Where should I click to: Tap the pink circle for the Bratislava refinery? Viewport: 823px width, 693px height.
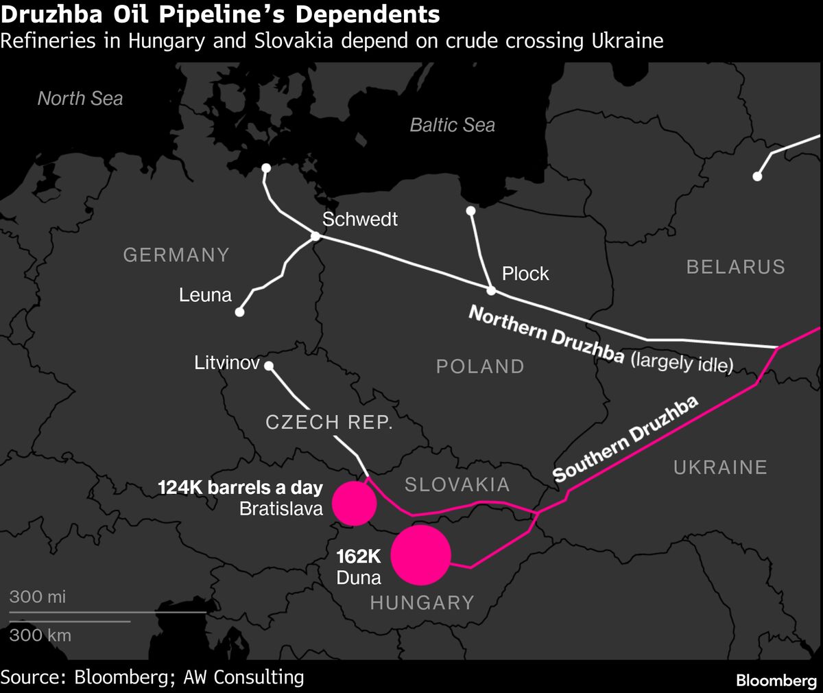coord(355,503)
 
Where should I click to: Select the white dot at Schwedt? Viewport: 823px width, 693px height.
coord(315,237)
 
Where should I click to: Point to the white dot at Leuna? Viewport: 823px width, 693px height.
coord(239,312)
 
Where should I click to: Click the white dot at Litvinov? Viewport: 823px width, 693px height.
coord(269,366)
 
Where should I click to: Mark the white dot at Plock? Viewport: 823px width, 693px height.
coord(491,291)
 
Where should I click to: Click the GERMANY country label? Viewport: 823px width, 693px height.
coord(176,255)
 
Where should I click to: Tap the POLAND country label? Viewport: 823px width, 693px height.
coord(480,366)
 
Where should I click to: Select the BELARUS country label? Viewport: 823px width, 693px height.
coord(735,266)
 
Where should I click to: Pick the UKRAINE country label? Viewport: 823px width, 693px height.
coord(720,467)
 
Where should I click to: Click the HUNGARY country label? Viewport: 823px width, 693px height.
coord(422,602)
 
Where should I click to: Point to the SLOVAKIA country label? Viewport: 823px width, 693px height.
coord(457,484)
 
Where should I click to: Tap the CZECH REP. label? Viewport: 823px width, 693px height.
coord(329,422)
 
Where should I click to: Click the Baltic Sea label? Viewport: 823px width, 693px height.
coord(452,125)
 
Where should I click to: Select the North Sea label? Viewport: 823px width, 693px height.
coord(80,99)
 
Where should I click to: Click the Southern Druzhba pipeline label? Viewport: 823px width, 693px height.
coord(625,440)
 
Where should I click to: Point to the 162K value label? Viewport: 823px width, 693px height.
coord(358,556)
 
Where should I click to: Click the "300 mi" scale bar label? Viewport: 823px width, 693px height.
coord(38,596)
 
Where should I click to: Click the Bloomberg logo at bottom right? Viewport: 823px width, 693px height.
coord(776,681)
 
